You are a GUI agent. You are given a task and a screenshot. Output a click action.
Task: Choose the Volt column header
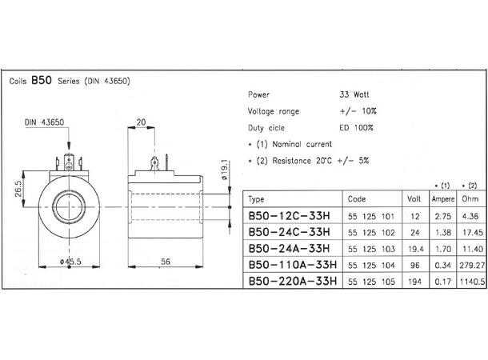pos(414,198)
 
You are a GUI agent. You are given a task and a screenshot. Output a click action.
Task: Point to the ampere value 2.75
pos(442,215)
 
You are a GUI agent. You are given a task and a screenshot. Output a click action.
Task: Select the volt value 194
pos(414,281)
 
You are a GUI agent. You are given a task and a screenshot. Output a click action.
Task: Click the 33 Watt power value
pos(355,94)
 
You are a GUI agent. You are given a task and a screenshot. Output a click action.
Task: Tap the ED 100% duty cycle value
pos(356,127)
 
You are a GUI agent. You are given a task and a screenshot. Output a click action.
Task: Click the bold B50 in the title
pos(42,81)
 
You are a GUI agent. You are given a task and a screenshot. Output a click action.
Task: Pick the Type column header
pos(257,198)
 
